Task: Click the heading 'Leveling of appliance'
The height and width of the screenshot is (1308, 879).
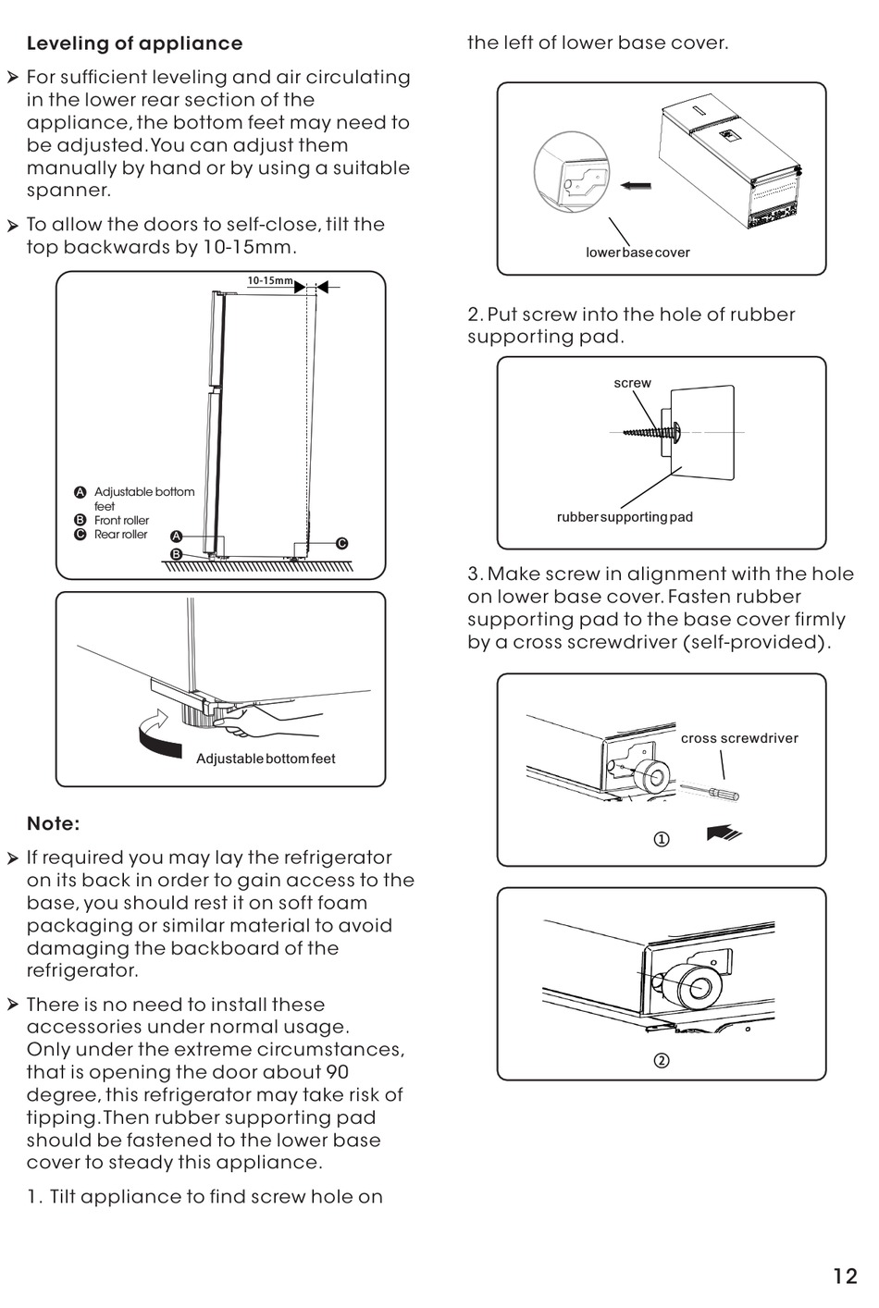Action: (134, 43)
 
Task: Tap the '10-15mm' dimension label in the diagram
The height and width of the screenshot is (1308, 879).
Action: (269, 280)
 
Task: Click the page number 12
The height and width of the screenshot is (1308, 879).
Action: (845, 1277)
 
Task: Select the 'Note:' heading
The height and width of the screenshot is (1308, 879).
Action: (53, 823)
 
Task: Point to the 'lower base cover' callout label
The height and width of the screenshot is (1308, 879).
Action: (638, 253)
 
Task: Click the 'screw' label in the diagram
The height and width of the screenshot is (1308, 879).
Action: (632, 383)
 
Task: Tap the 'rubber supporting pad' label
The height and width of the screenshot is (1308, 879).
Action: (625, 517)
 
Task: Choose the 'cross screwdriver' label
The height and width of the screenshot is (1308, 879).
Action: (739, 738)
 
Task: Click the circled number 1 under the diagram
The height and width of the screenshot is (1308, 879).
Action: (662, 840)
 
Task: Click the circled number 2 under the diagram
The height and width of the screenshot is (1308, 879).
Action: (662, 1061)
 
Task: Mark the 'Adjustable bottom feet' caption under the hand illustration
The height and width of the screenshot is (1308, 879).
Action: (266, 759)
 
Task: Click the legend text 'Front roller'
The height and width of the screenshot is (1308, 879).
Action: (121, 520)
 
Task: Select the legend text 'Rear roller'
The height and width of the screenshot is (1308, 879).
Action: (120, 534)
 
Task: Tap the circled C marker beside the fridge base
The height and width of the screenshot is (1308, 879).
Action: (341, 543)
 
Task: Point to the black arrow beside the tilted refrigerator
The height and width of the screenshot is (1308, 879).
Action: (636, 186)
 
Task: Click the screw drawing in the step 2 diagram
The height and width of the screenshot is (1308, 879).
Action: (650, 431)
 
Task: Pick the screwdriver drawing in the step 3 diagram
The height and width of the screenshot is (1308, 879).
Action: (711, 791)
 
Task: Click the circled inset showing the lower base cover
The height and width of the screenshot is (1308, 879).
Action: (571, 172)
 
